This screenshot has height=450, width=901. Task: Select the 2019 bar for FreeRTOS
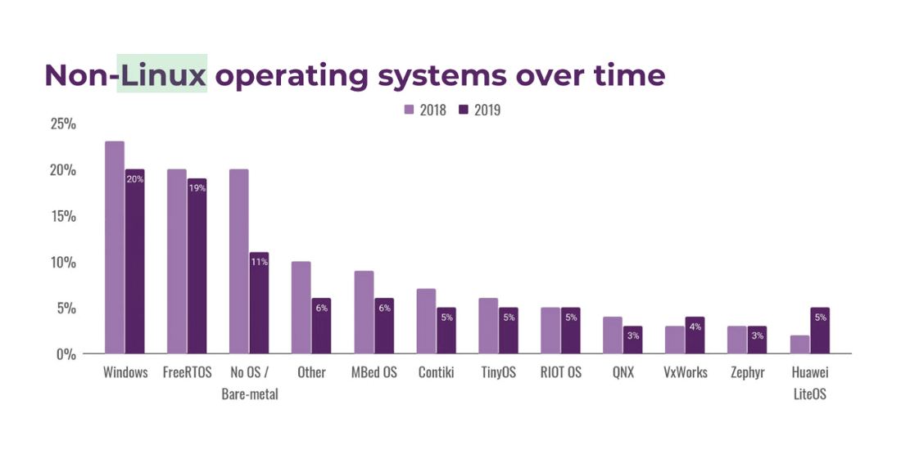tap(197, 266)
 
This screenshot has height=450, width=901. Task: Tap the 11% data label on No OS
tap(259, 263)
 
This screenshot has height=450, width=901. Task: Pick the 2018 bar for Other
tap(301, 308)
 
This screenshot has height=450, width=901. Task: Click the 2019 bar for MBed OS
tap(383, 326)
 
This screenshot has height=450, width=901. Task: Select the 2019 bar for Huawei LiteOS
tap(819, 331)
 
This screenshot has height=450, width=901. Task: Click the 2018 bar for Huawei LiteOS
tap(799, 344)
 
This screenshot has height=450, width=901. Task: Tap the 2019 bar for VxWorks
tap(695, 335)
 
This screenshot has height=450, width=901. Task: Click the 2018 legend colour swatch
tap(409, 110)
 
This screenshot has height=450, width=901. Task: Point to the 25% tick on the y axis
tap(62, 124)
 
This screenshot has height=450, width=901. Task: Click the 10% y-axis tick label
tap(62, 263)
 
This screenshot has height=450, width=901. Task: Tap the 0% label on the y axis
tap(66, 354)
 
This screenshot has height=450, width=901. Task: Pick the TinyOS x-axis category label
tap(498, 373)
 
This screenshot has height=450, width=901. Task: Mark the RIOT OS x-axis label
tap(560, 373)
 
